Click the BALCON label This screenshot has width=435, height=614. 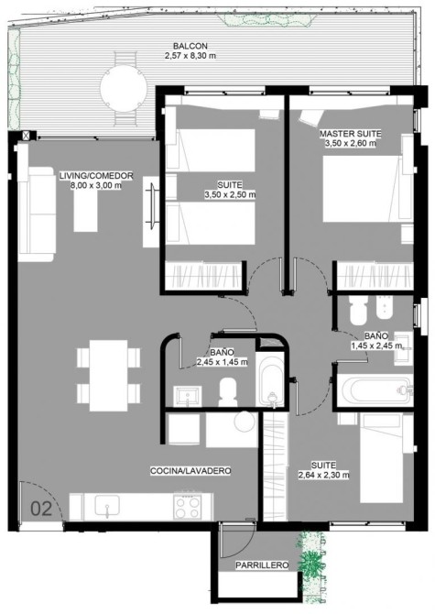[x=190, y=46]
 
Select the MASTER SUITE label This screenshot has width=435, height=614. [x=350, y=134]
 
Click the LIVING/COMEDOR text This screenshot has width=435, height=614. [x=96, y=176]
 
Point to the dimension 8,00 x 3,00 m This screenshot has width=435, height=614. [x=96, y=185]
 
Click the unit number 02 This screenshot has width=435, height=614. [x=41, y=509]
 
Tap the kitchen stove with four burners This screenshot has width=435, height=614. [x=188, y=506]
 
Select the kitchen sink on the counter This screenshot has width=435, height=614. [x=107, y=506]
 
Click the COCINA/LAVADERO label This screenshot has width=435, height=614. [x=190, y=471]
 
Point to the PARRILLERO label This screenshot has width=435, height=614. [x=262, y=565]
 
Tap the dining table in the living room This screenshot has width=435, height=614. [x=108, y=376]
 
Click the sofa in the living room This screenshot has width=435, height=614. [x=37, y=214]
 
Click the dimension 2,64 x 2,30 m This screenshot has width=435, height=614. [x=323, y=475]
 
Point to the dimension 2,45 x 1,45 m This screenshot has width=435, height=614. [x=222, y=362]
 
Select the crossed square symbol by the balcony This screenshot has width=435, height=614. [x=26, y=136]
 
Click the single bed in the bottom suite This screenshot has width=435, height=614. [x=381, y=458]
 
